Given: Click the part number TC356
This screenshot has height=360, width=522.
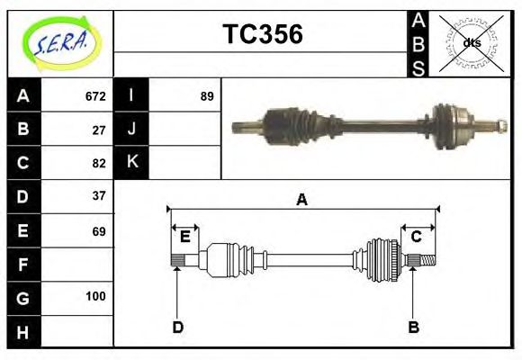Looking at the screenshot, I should point(262,34).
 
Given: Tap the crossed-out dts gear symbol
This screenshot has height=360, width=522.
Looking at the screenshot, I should point(471,42).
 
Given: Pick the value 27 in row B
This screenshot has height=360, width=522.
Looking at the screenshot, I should point(99,130).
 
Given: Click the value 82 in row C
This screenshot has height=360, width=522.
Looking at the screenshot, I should point(99,163).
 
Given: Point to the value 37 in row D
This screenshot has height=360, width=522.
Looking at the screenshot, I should point(99,195).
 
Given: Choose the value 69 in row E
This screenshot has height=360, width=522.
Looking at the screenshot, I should point(99,231).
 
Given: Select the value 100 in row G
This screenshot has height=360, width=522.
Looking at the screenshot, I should point(95,296).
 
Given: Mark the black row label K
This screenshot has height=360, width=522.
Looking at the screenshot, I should point(131,162).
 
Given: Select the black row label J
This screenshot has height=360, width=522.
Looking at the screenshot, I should point(131,130).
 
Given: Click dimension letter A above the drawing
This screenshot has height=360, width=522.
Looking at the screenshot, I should point(302,200).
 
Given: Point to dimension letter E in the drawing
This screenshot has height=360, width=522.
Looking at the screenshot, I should point(184,237).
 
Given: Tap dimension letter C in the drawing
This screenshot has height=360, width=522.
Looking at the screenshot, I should point(417,237).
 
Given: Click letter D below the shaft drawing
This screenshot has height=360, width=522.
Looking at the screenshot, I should point(177,327).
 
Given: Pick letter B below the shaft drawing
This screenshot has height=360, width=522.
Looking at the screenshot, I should point(413,327).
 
